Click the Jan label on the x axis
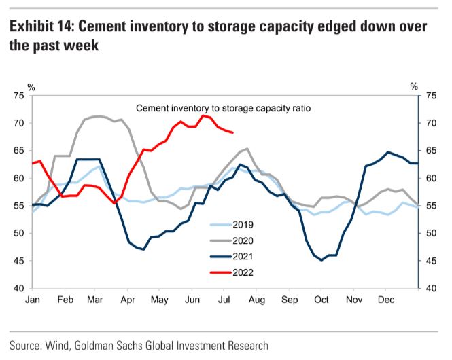click(x=32, y=299)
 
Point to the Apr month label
click(x=128, y=299)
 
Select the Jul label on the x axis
click(x=224, y=299)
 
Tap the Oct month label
click(x=321, y=299)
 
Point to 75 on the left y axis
click(x=18, y=96)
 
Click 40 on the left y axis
click(x=18, y=288)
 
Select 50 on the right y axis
click(x=430, y=233)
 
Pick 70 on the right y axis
click(x=430, y=124)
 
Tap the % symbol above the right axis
click(x=414, y=86)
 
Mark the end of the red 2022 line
click(x=233, y=132)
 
